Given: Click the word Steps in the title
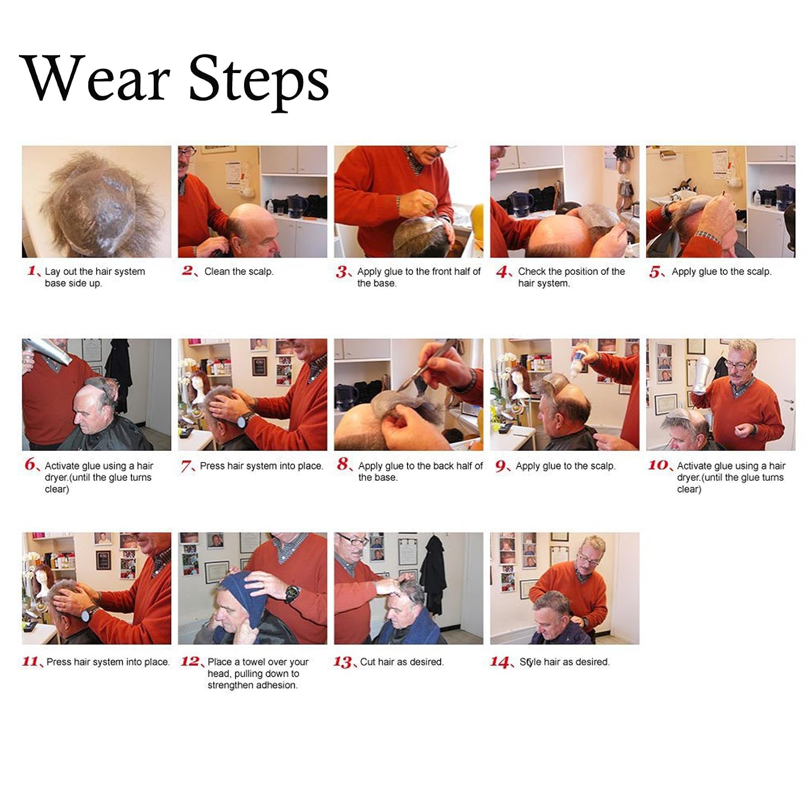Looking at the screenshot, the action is point(259,82).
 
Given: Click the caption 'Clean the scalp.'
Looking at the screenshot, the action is point(239,271).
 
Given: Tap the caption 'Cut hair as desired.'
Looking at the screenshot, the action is point(402,662).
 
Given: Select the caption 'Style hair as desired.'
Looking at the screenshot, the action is point(565,662).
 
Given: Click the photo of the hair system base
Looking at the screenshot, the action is point(96,201).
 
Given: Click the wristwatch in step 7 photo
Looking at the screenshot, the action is point(246,420).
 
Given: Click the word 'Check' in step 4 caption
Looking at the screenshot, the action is point(532,271).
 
